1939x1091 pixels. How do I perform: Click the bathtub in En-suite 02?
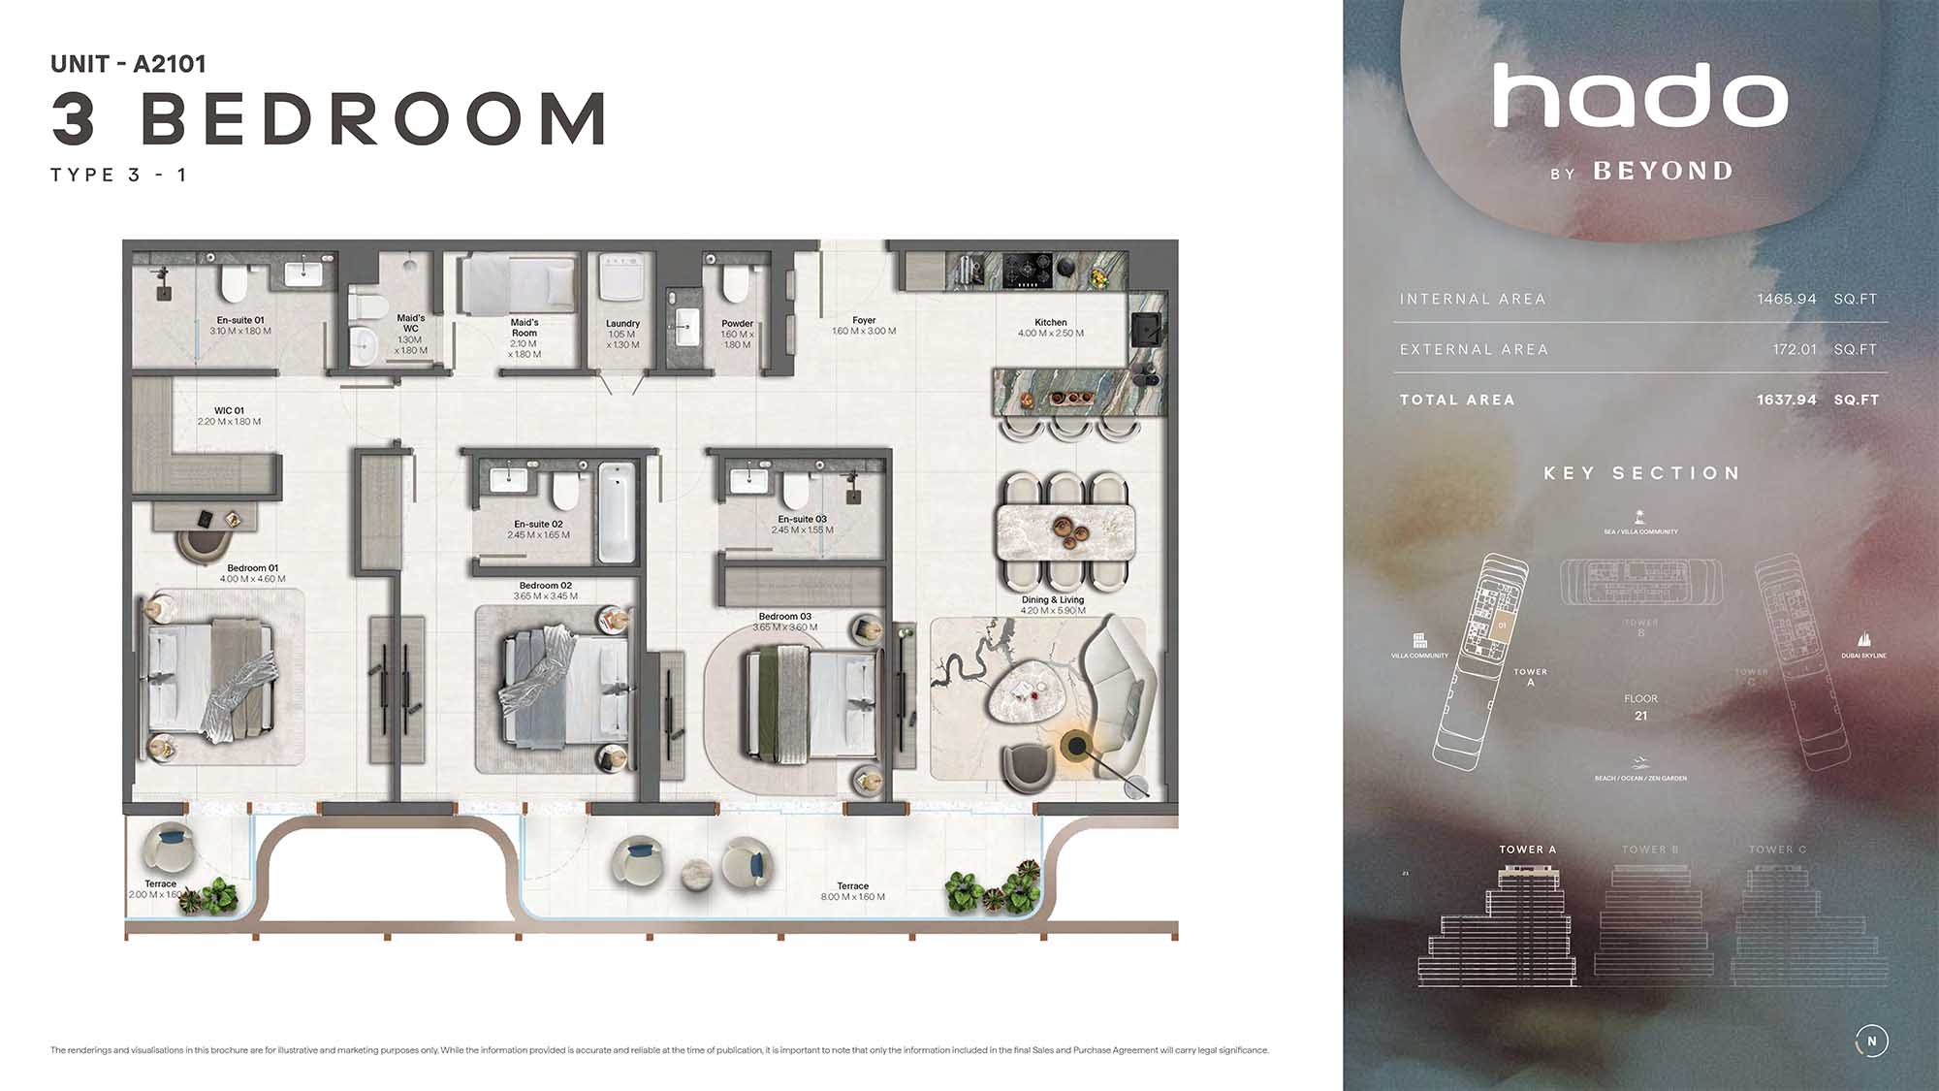[x=617, y=513]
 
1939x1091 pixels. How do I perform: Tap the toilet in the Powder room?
[x=736, y=283]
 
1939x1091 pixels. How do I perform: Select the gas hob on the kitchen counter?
[x=1027, y=270]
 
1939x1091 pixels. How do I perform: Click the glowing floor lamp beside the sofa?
[x=1075, y=746]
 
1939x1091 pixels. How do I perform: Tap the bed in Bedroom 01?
[x=210, y=678]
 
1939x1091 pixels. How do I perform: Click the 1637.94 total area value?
[x=1787, y=400]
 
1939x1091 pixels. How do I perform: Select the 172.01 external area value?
[x=1795, y=349]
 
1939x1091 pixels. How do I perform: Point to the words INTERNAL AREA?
[x=1473, y=300]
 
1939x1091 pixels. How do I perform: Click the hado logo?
[x=1640, y=97]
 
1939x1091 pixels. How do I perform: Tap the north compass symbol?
[x=1871, y=1042]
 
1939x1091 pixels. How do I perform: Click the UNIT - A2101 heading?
[x=129, y=64]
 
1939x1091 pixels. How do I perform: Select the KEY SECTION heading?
[x=1642, y=473]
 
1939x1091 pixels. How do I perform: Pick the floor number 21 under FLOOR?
[x=1640, y=716]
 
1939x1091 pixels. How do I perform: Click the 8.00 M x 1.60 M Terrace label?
[x=853, y=891]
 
